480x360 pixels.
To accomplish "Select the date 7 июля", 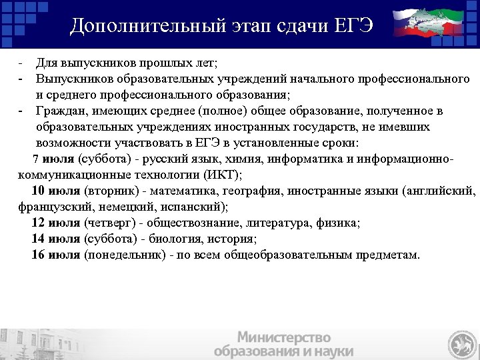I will (54, 160).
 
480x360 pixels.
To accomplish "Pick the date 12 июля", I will (57, 223).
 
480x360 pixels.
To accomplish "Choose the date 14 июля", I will (57, 239).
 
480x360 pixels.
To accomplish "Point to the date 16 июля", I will (57, 255).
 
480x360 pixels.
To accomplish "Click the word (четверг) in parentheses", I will (110, 223).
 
